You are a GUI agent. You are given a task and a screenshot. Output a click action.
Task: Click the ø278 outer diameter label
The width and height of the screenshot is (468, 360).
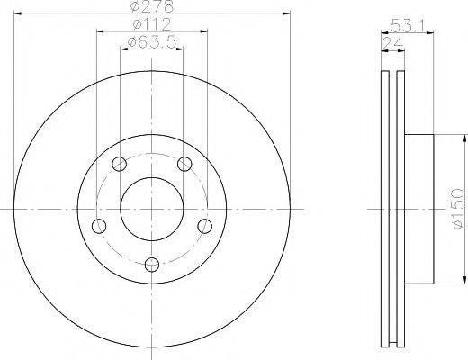(x=152, y=6)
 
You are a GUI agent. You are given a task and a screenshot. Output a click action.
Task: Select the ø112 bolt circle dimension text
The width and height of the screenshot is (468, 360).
(x=152, y=24)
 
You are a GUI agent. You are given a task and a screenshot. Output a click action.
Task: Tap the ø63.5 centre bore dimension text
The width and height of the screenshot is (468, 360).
(x=151, y=43)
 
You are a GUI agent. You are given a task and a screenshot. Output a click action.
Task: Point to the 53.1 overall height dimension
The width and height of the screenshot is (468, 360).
(x=407, y=26)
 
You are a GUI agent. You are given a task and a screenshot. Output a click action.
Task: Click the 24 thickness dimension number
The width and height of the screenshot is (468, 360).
(x=392, y=44)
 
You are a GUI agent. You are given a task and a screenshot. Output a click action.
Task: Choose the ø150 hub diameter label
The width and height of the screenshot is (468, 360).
(x=457, y=209)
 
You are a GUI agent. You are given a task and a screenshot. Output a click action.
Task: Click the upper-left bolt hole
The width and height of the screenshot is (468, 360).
(x=119, y=164)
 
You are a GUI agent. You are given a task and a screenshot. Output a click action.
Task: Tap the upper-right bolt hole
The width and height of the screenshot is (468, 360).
(x=184, y=164)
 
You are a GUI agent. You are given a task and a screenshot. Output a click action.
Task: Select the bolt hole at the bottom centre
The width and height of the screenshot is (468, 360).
(x=152, y=265)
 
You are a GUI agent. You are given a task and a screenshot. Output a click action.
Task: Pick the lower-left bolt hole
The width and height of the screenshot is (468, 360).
(x=99, y=226)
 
